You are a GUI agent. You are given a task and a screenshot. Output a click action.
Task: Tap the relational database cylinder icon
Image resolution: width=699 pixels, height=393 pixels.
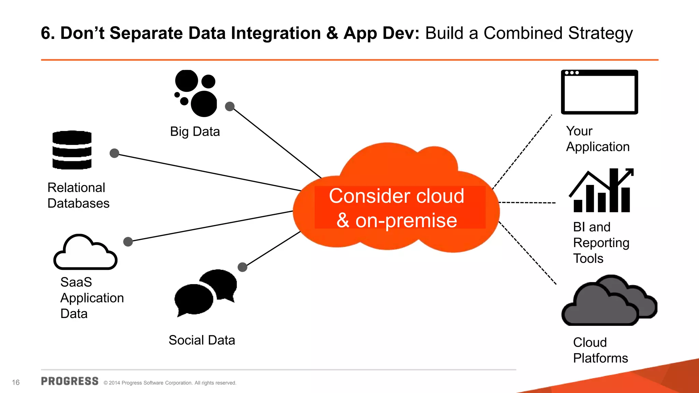click(x=72, y=150)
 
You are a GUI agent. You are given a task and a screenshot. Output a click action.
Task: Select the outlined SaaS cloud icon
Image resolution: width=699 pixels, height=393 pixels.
click(x=85, y=252)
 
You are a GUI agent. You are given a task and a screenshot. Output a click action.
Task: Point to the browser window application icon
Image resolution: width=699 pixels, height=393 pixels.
click(x=599, y=92)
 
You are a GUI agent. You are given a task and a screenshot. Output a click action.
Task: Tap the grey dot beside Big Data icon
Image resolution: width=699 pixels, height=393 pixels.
click(x=230, y=106)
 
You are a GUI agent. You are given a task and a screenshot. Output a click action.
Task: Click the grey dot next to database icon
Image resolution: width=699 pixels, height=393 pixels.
click(x=114, y=153)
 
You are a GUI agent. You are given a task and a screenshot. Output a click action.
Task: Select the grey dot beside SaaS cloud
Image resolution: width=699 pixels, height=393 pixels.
click(x=128, y=242)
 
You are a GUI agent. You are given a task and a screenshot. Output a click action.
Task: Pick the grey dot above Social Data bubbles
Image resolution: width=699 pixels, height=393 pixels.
click(x=242, y=267)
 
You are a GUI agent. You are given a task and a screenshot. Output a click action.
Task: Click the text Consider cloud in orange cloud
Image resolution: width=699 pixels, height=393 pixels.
click(x=396, y=196)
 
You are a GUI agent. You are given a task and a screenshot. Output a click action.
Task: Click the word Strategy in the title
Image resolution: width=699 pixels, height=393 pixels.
click(x=600, y=33)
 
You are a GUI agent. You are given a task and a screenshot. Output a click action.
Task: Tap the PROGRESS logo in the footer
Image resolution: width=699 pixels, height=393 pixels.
click(x=70, y=381)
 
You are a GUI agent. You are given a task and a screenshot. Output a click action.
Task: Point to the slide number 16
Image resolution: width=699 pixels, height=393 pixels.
click(x=16, y=382)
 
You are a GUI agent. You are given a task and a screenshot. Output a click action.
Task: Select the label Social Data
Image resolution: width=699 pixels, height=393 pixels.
click(x=202, y=340)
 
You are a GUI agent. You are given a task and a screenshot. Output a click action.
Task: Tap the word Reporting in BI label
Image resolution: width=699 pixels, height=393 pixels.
click(x=601, y=243)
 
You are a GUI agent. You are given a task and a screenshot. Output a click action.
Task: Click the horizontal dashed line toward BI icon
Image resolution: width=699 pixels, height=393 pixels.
click(x=527, y=203)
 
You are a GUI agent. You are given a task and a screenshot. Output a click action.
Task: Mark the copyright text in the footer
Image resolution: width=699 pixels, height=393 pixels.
click(x=170, y=383)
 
